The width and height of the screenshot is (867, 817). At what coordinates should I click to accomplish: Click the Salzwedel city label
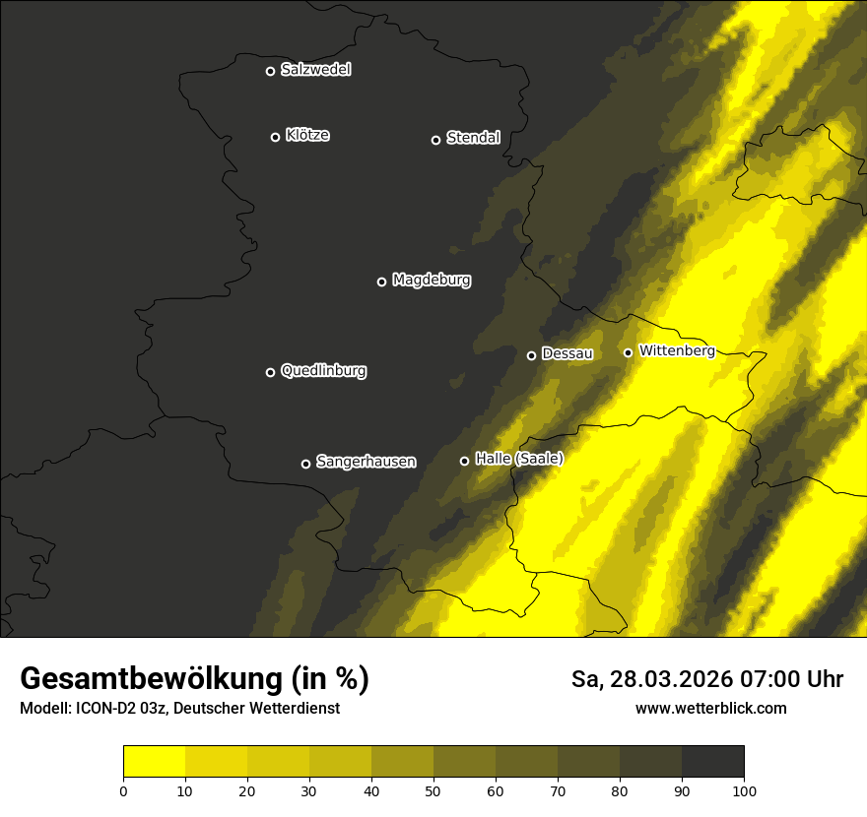[315, 70]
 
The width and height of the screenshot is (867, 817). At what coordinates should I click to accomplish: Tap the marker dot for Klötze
[276, 137]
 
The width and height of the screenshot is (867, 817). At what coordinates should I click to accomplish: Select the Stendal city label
[473, 138]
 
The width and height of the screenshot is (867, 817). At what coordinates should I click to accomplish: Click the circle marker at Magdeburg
[382, 282]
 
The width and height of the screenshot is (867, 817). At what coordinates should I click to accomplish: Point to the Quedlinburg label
[323, 371]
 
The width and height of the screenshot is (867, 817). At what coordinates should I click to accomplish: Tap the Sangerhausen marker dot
[305, 464]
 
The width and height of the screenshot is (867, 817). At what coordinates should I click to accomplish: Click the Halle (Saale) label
[518, 459]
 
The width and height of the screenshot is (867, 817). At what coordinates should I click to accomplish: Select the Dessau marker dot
[532, 355]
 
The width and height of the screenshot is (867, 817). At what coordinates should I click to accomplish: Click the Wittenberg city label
[677, 350]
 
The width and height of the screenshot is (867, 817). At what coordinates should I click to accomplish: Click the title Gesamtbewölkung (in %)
[194, 679]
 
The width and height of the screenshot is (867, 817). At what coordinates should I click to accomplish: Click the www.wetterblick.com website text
[710, 709]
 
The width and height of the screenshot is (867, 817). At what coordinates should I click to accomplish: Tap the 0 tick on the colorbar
[123, 790]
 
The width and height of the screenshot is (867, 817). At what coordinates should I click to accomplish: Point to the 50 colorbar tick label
[433, 790]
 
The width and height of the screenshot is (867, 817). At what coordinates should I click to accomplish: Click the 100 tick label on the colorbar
[744, 790]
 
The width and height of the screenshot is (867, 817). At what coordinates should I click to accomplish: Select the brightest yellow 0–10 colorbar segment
[154, 762]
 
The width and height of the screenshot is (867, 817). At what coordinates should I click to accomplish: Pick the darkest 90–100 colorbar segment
[712, 762]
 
